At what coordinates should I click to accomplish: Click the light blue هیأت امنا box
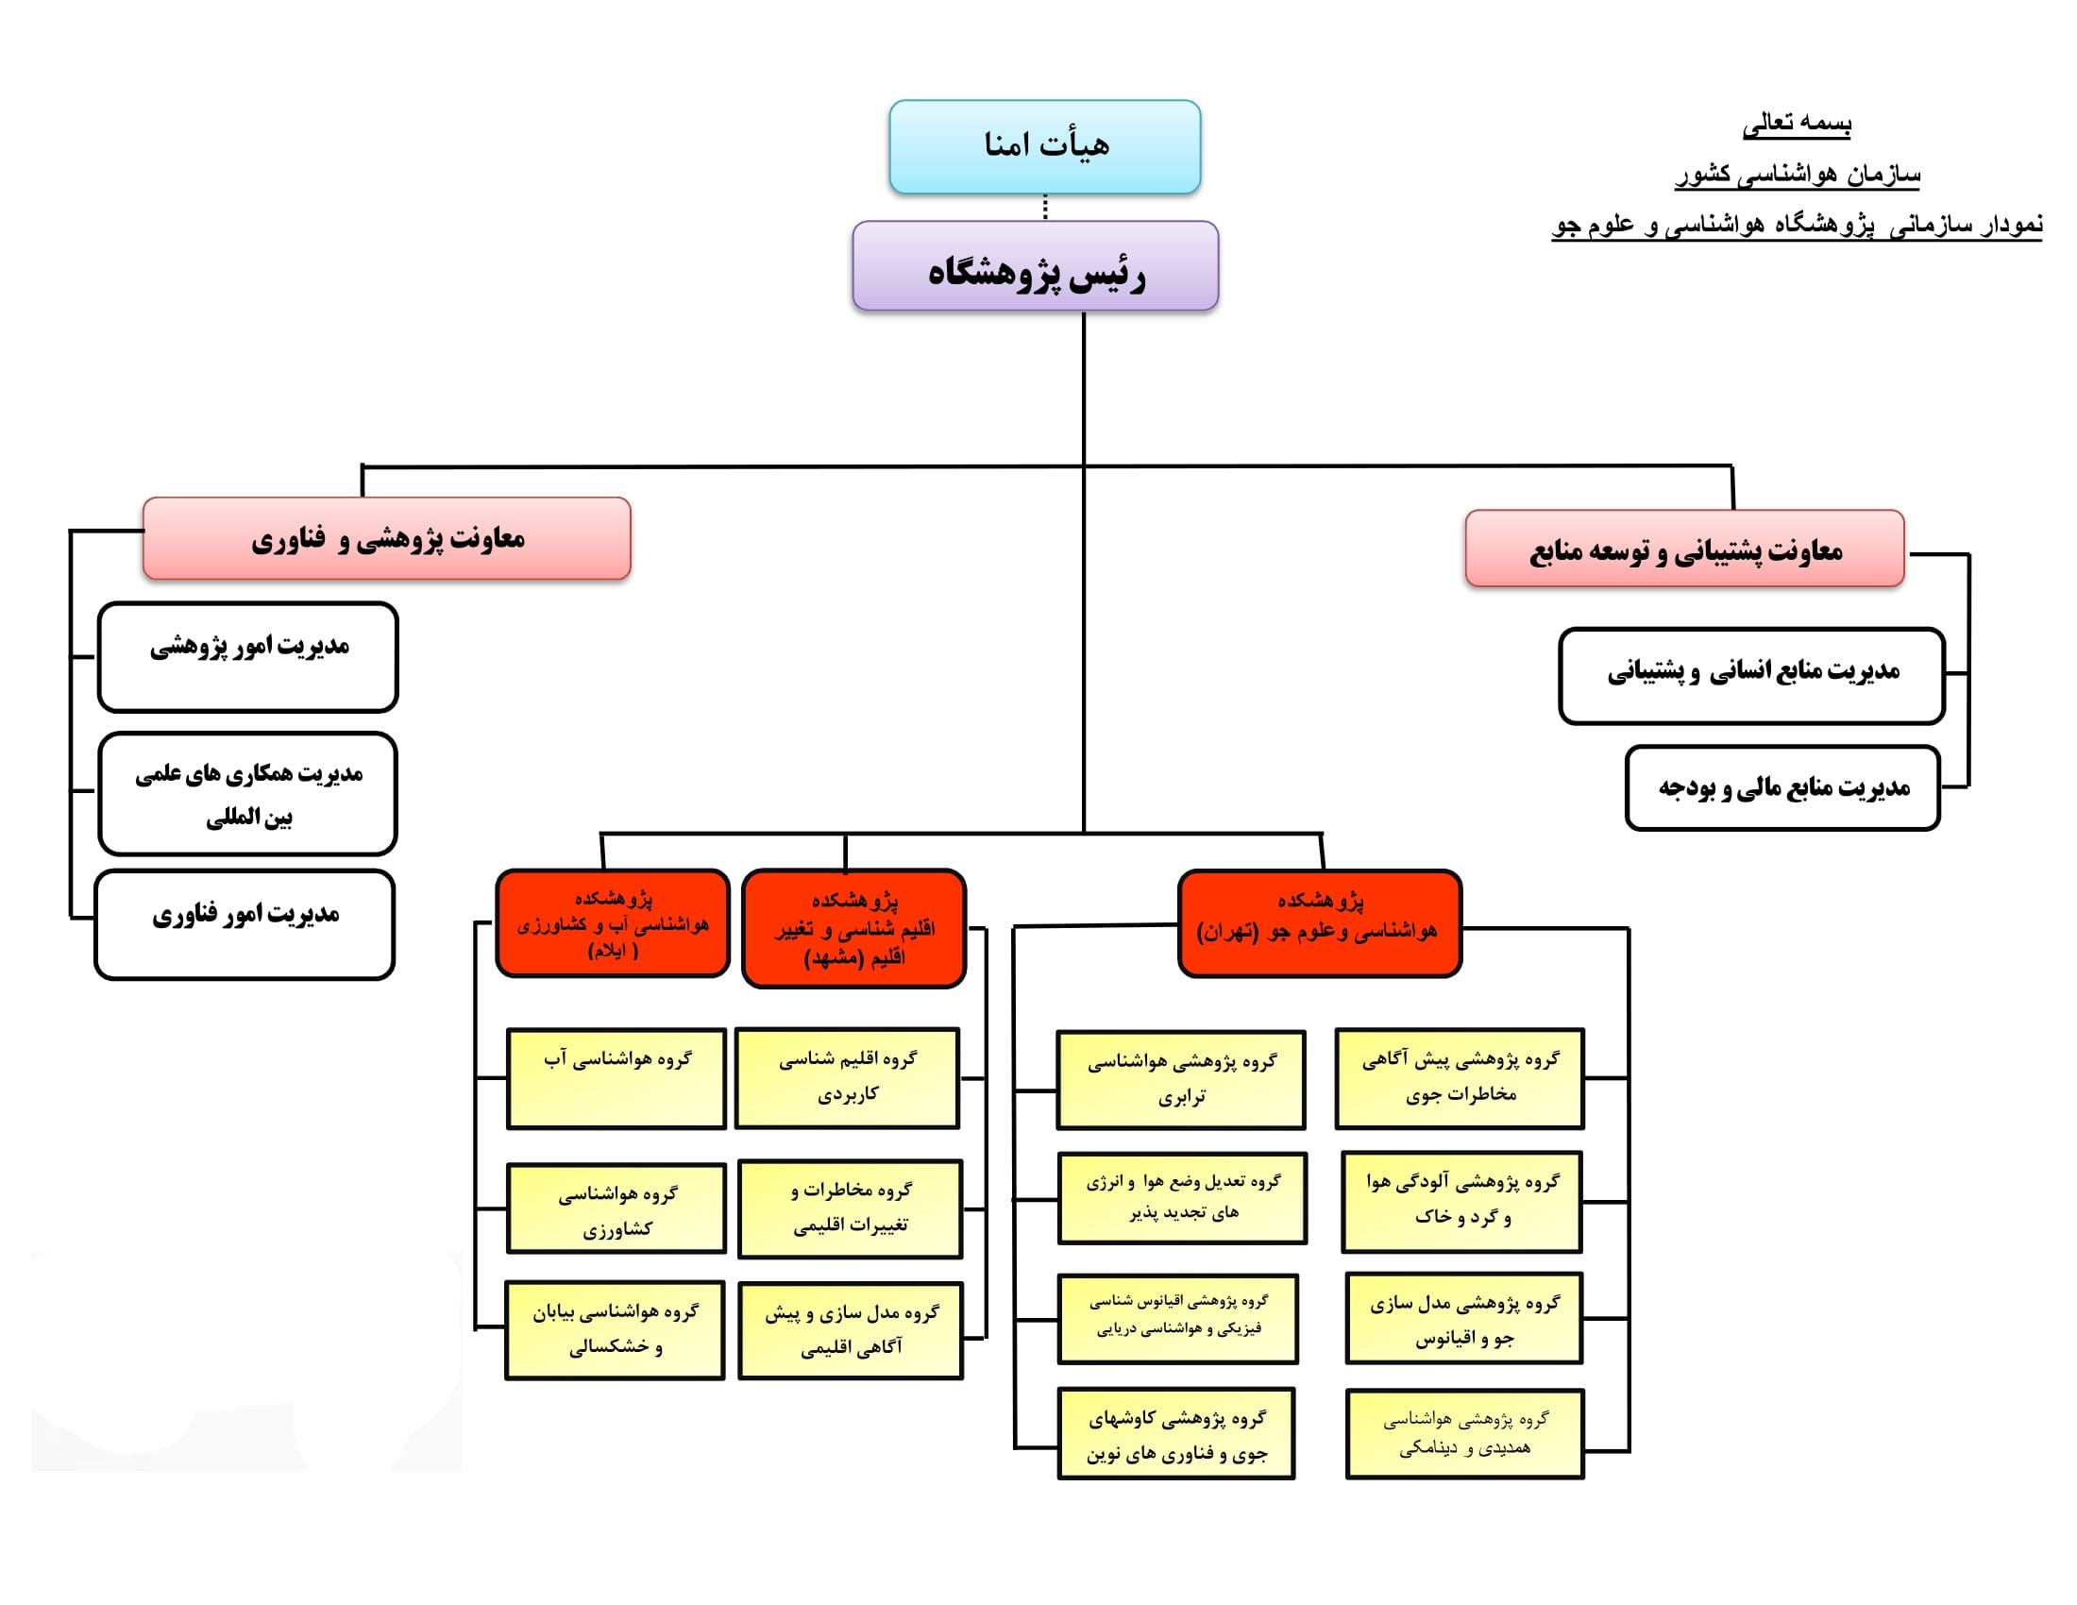click(x=1044, y=147)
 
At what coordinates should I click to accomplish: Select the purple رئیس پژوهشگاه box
click(x=1035, y=266)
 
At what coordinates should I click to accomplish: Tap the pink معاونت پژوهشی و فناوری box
click(x=386, y=538)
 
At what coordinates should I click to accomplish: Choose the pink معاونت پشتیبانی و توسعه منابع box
click(x=1684, y=549)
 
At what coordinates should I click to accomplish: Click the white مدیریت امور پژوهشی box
click(x=247, y=657)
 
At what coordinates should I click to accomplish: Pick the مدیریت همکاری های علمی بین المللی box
click(x=247, y=794)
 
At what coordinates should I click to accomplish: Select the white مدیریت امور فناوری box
click(x=245, y=924)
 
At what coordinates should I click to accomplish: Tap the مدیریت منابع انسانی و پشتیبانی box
click(x=1751, y=676)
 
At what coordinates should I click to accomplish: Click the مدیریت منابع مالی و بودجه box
click(x=1782, y=788)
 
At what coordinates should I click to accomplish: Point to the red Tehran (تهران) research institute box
click(x=1319, y=923)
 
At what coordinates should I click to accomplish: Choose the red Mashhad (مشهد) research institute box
click(x=853, y=928)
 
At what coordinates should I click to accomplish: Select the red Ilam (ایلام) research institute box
click(x=613, y=922)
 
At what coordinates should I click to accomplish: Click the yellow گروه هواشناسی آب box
click(x=616, y=1078)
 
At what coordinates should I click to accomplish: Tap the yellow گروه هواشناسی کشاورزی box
click(x=616, y=1208)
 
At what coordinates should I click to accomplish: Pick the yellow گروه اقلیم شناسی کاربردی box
click(x=848, y=1078)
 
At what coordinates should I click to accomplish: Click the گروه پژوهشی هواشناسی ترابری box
click(x=1181, y=1080)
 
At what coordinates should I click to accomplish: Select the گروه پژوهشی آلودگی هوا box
click(x=1461, y=1202)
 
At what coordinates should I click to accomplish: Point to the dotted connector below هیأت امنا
click(x=1045, y=208)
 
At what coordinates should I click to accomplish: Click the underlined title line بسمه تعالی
click(x=1797, y=124)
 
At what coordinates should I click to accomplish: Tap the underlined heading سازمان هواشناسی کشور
click(x=1798, y=175)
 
